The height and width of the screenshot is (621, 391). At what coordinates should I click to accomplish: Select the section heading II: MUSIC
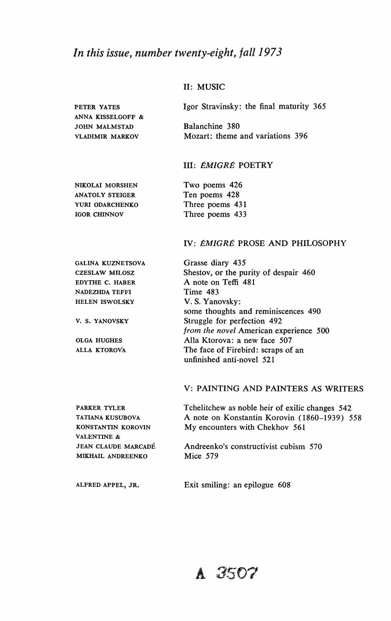pyautogui.click(x=204, y=87)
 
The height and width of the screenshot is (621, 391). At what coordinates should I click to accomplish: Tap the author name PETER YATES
pyautogui.click(x=97, y=107)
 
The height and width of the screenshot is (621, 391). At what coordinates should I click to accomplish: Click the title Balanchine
pyautogui.click(x=203, y=126)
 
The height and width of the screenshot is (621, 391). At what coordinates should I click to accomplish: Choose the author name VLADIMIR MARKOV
pyautogui.click(x=107, y=137)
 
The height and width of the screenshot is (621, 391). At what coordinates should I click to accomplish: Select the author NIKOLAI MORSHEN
pyautogui.click(x=106, y=185)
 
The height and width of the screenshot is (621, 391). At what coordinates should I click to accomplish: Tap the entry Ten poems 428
pyautogui.click(x=211, y=195)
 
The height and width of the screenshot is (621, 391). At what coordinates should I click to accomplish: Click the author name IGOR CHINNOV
pyautogui.click(x=99, y=215)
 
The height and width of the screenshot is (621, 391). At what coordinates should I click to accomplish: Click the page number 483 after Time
pyautogui.click(x=212, y=292)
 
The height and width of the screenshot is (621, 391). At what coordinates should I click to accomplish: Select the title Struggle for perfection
pyautogui.click(x=224, y=321)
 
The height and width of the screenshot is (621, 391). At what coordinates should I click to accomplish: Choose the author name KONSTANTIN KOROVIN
pyautogui.click(x=113, y=427)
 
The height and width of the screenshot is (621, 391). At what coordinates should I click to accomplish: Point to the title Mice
pyautogui.click(x=193, y=456)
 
